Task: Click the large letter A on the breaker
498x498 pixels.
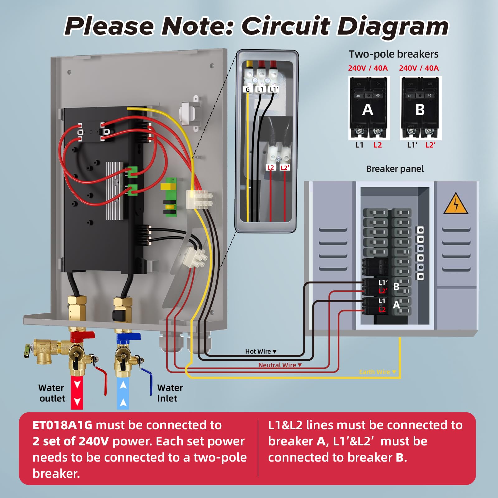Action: click(368, 110)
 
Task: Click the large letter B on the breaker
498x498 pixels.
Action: click(420, 110)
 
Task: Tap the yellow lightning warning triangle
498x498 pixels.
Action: click(456, 204)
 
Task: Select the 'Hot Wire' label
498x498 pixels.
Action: click(258, 351)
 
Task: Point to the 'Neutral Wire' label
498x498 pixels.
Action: click(277, 365)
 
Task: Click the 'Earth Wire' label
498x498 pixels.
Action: click(374, 372)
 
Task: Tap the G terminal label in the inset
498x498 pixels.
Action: click(248, 90)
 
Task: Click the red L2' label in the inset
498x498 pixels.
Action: click(285, 167)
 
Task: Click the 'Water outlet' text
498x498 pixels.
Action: click(52, 393)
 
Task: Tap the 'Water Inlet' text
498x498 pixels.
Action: click(170, 393)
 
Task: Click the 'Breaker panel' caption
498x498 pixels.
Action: click(395, 169)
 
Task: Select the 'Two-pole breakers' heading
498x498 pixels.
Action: click(393, 54)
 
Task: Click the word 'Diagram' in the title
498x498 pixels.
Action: click(393, 26)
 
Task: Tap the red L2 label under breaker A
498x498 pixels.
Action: click(378, 145)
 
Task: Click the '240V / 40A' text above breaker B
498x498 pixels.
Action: click(419, 68)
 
